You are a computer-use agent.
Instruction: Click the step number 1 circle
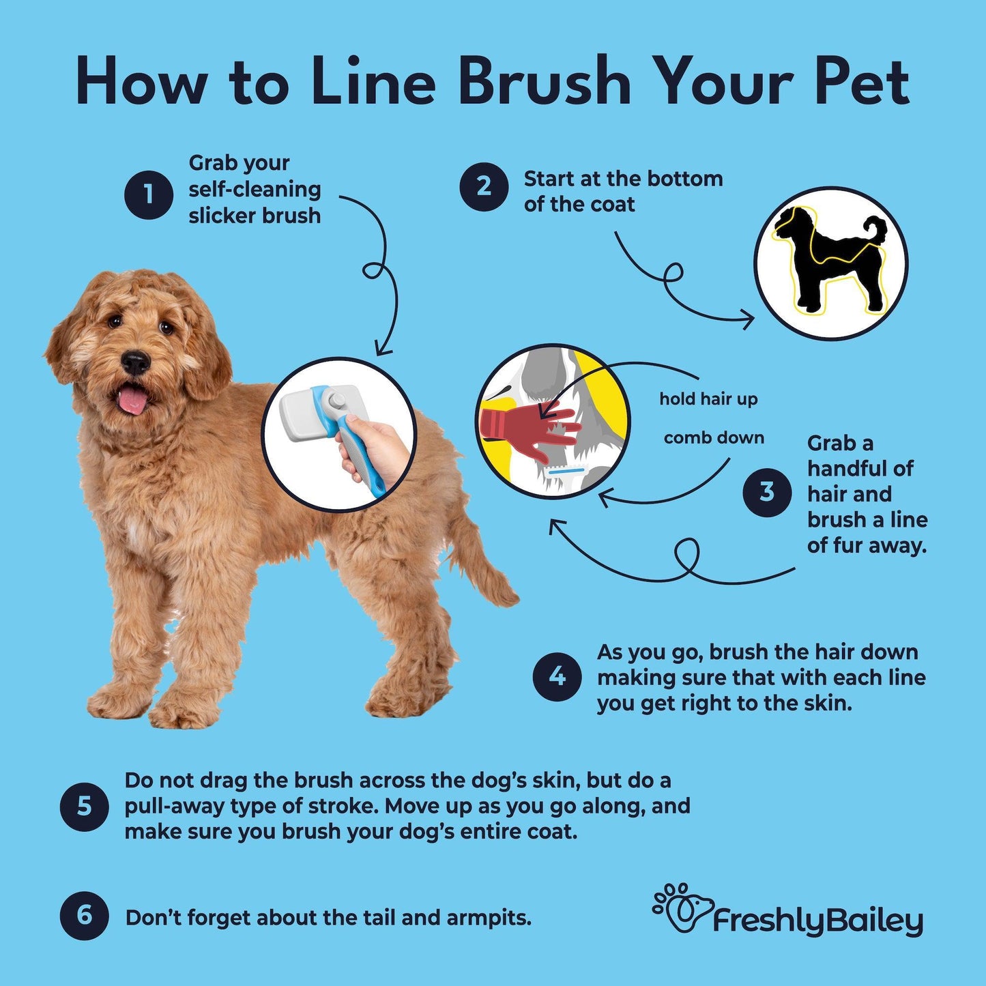(148, 194)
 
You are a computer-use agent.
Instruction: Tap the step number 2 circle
(484, 187)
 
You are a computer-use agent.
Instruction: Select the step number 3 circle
(767, 492)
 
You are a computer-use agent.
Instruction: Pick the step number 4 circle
(557, 677)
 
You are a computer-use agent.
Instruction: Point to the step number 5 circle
(85, 807)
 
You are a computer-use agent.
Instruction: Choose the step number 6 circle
(85, 916)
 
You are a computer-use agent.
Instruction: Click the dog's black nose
(136, 362)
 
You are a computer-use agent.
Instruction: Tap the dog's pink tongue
(132, 399)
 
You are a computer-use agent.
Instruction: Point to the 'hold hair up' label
(708, 399)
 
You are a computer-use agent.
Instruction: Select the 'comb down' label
(714, 437)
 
